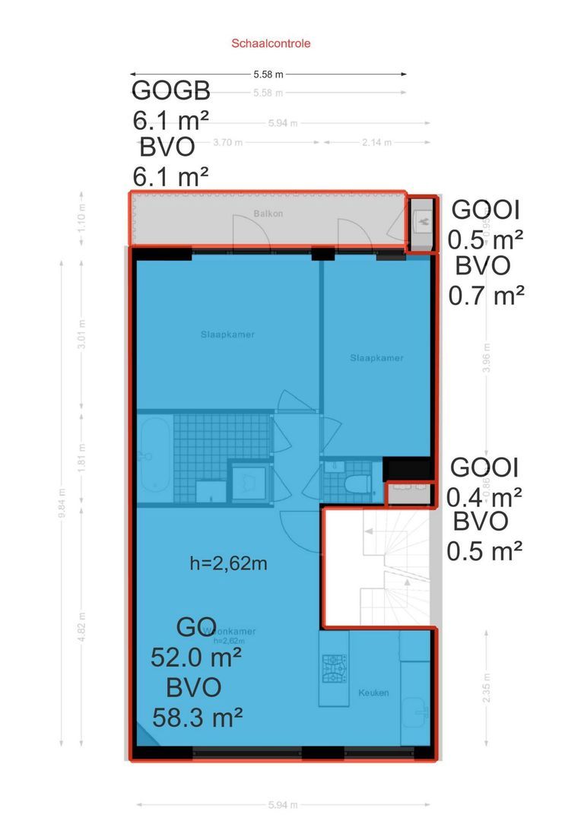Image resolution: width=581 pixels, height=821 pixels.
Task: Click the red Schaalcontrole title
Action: click(271, 43)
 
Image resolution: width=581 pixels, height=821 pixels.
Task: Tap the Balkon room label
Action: click(268, 214)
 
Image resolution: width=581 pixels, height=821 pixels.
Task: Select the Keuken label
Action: click(373, 693)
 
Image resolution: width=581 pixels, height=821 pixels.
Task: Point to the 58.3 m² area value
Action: click(197, 715)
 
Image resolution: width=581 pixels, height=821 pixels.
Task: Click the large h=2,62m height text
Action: click(228, 563)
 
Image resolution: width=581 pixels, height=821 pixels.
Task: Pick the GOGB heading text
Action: click(171, 90)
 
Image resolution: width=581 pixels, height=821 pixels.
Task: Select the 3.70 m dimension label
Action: click(227, 142)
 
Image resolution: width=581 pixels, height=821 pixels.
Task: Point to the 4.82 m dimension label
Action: click(82, 626)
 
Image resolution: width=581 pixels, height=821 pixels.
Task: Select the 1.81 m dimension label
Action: click(82, 455)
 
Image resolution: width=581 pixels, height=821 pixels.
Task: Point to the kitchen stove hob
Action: click(334, 669)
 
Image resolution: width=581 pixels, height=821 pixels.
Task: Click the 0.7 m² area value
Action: click(487, 294)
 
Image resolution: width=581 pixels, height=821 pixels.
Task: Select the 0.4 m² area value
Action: click(484, 496)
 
